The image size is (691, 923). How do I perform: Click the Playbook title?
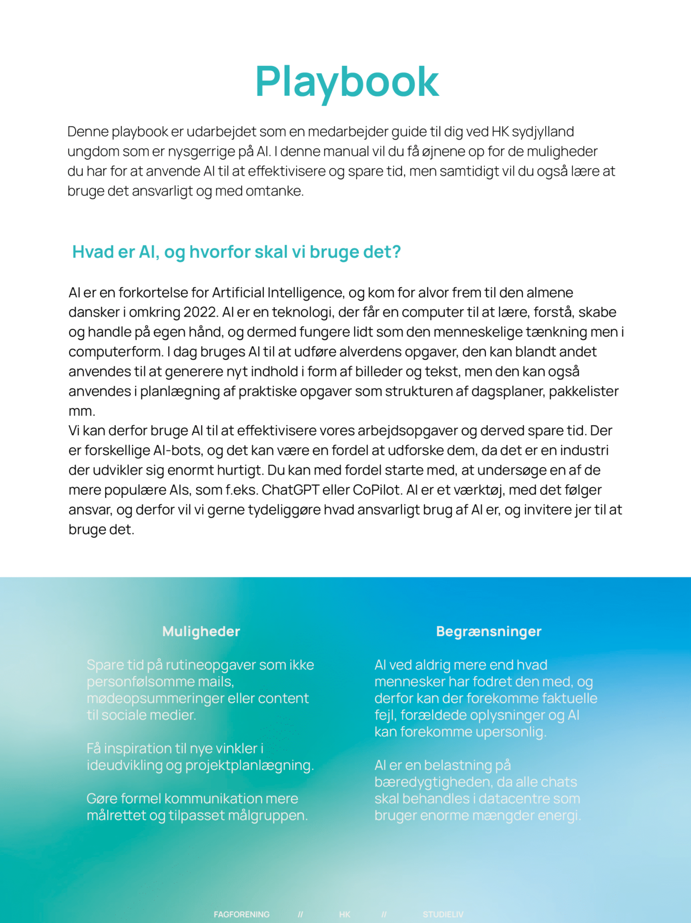click(x=347, y=81)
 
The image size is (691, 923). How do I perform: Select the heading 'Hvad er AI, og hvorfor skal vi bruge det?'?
click(x=236, y=252)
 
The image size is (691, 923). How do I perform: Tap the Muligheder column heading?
click(x=201, y=631)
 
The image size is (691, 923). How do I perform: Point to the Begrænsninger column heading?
click(x=488, y=631)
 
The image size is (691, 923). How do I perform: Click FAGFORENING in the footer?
click(x=242, y=914)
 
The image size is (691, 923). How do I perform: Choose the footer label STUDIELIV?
click(x=443, y=914)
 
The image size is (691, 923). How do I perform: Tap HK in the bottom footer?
click(x=345, y=914)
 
